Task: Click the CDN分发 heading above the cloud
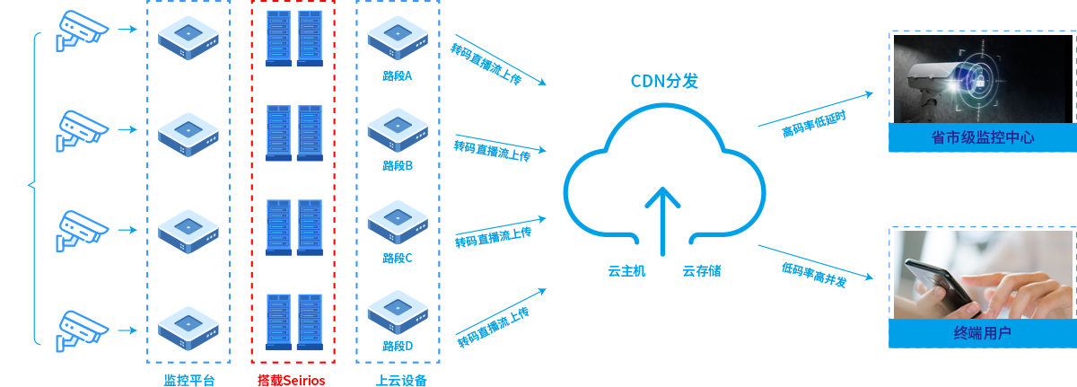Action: (664, 82)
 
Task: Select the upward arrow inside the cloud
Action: (664, 216)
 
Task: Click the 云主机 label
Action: (626, 270)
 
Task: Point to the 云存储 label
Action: (702, 270)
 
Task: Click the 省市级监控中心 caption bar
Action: (983, 137)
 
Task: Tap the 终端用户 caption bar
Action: (983, 333)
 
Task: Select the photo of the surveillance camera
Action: (983, 78)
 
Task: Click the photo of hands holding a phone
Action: (983, 274)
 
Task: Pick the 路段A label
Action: (397, 75)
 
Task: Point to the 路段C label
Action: (397, 258)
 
